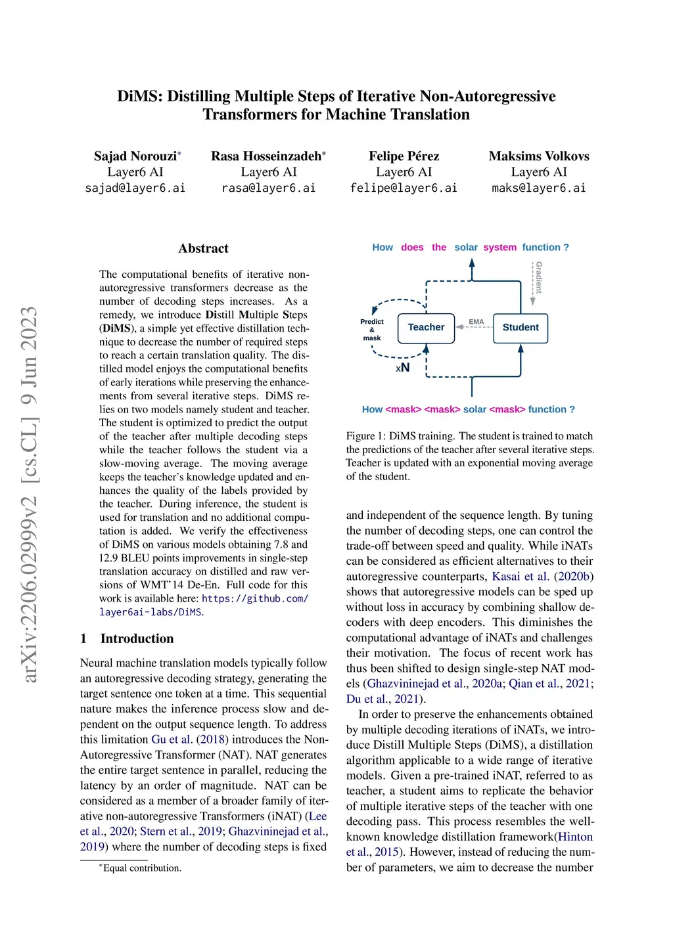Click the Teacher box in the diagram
426,328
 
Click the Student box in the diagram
520,328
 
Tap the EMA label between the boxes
476,322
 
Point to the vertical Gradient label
539,277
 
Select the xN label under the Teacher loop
402,368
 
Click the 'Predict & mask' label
372,330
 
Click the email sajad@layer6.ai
135,188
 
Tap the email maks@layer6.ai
538,188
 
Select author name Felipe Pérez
404,156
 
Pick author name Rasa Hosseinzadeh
266,156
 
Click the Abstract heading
203,248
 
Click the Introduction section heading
137,638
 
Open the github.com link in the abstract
254,598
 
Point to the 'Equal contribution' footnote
141,868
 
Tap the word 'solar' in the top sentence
465,248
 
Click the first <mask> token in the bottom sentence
403,409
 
